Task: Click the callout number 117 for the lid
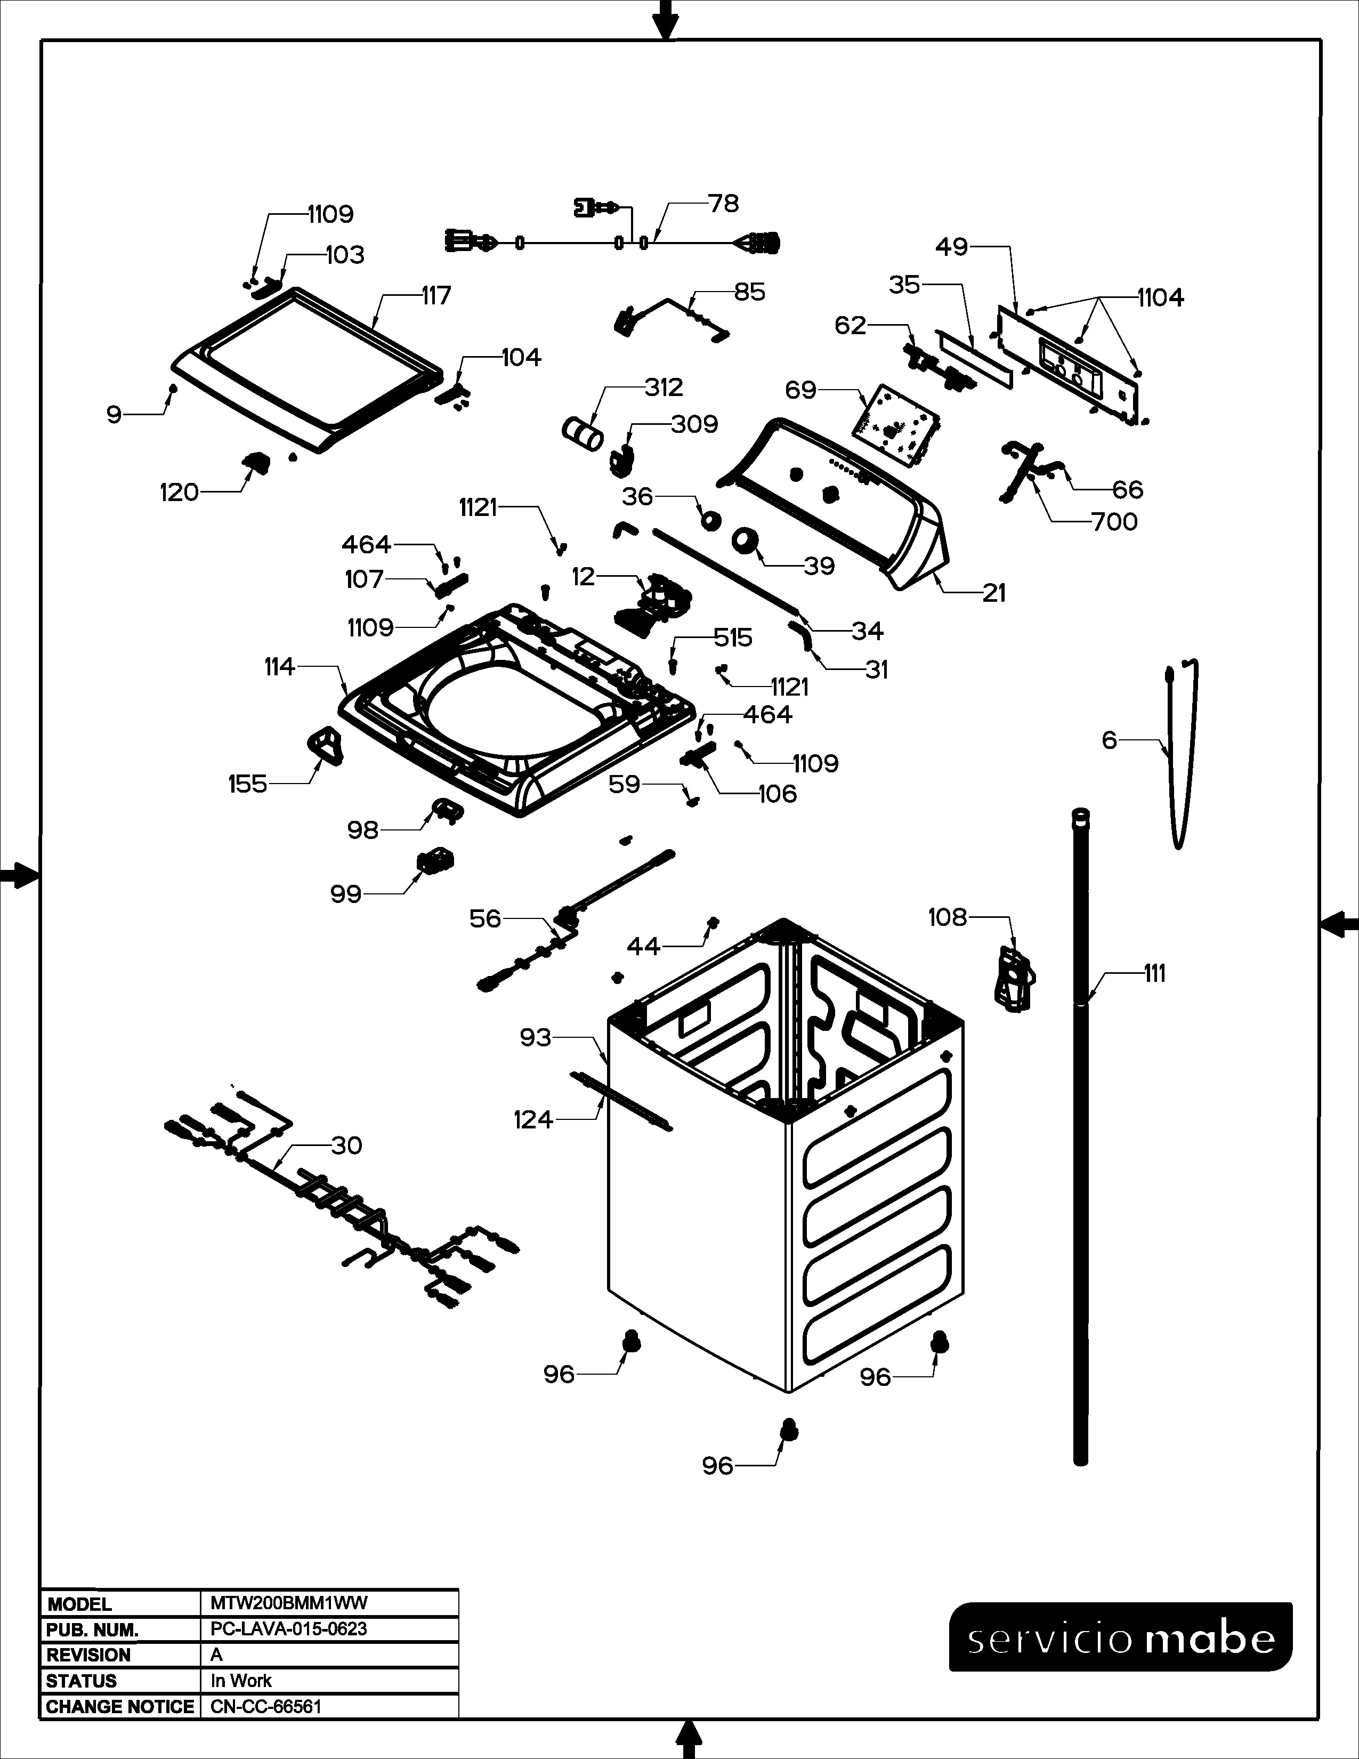click(x=436, y=296)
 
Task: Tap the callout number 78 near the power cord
click(x=723, y=204)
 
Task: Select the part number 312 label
click(x=664, y=388)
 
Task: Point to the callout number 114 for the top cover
click(x=279, y=667)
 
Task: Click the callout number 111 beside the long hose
click(x=1154, y=974)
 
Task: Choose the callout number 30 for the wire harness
click(x=346, y=1145)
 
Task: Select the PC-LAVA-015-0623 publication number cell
click(x=288, y=1628)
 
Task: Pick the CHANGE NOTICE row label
click(x=120, y=1706)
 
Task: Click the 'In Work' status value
click(x=241, y=1680)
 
